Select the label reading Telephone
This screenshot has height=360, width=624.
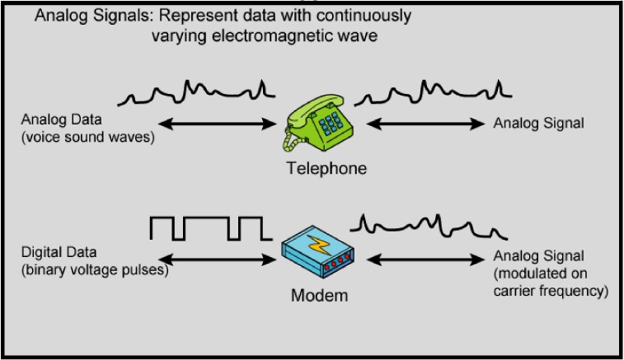coord(326,168)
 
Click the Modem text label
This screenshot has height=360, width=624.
coord(320,296)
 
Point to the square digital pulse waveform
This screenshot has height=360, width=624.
coord(211,229)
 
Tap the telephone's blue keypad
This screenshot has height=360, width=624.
coord(331,124)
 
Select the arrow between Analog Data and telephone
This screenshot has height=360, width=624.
coord(218,124)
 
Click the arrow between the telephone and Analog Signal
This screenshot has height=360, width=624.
coord(425,124)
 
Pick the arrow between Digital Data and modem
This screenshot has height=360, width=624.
coord(218,260)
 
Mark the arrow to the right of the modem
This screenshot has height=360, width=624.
coord(425,260)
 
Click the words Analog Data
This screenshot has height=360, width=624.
coord(61,119)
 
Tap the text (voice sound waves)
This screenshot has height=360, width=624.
coord(88,137)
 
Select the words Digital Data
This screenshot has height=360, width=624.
coord(59,252)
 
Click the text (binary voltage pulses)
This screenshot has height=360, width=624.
coord(95,269)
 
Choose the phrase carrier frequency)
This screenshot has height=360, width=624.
coord(551,291)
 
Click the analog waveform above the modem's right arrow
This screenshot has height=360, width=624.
coord(429,227)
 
